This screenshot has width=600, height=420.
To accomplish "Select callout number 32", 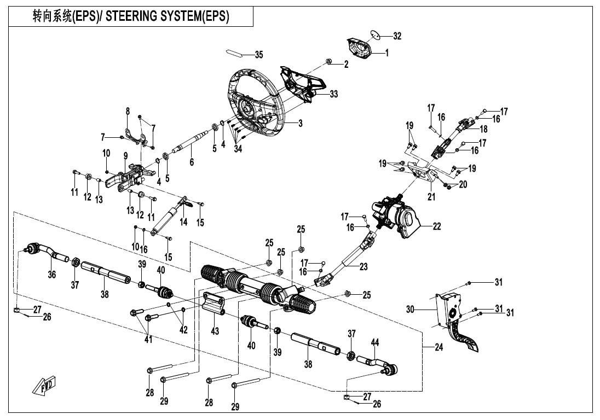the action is [397, 36].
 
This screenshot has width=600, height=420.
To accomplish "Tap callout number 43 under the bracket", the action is [215, 332].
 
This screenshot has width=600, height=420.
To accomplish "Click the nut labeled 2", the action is [328, 60].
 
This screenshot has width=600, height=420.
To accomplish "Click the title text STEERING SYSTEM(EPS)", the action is [167, 16].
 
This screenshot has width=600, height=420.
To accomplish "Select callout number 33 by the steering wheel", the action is [333, 94].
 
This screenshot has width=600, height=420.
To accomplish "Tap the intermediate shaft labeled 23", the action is [345, 262].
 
